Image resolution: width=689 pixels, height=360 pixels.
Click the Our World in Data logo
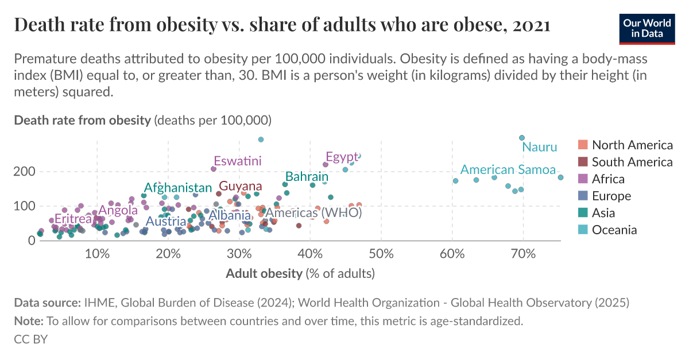[647, 28]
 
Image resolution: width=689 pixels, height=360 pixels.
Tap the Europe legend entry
[611, 196]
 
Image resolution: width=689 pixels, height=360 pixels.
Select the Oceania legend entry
[614, 230]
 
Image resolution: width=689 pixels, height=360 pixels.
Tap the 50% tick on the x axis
[381, 254]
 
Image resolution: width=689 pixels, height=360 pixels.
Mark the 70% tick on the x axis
[523, 254]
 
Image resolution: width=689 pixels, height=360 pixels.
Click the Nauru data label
[539, 147]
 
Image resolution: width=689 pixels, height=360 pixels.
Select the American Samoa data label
[508, 170]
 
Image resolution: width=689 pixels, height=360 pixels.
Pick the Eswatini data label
[237, 161]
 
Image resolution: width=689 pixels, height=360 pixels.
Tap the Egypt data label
[341, 157]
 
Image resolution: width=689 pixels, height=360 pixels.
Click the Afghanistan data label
[177, 188]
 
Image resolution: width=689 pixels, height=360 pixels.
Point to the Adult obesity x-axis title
[300, 273]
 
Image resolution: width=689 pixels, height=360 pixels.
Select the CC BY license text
[30, 339]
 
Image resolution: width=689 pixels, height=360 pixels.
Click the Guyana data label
[240, 187]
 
